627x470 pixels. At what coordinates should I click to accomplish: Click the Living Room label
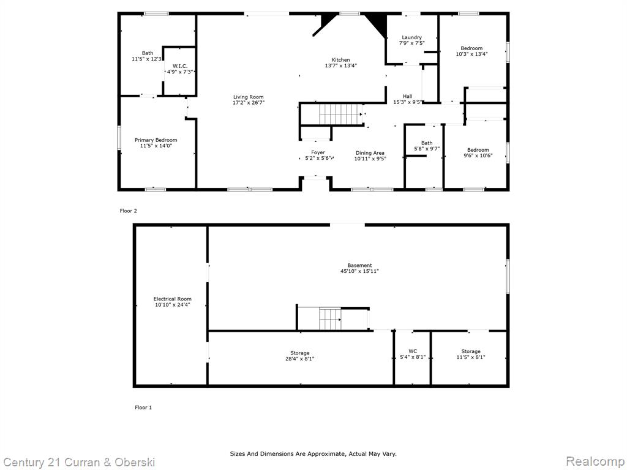coord(249,97)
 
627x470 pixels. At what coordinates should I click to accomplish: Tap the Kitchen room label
coord(340,60)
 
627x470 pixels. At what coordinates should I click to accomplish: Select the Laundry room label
coord(412,37)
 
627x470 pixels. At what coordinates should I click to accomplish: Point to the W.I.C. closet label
coord(180,66)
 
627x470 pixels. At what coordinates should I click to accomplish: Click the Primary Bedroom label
coord(156,140)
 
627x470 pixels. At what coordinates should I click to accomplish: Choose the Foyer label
coord(318,152)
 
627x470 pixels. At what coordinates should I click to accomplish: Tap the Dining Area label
coord(370,153)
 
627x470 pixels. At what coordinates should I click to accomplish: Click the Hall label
coord(407,96)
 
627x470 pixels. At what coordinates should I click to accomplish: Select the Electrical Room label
coord(172,299)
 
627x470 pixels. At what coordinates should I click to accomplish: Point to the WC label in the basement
coord(413,352)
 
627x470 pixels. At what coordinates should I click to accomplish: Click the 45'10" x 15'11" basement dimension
coord(359,271)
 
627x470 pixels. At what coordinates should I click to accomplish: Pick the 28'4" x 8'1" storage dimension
coord(299,359)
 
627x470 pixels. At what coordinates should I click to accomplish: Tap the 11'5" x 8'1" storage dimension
coord(471,357)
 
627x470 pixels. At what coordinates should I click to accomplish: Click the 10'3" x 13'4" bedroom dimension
coord(471,54)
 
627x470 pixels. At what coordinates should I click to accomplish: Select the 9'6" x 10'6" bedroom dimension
coord(478,156)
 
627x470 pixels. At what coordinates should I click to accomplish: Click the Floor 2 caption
coord(129,211)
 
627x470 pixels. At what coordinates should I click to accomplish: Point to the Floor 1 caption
coord(143,408)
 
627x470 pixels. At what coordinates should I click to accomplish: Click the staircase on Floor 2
coord(340,114)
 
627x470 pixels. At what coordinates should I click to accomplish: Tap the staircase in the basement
coord(330,318)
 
